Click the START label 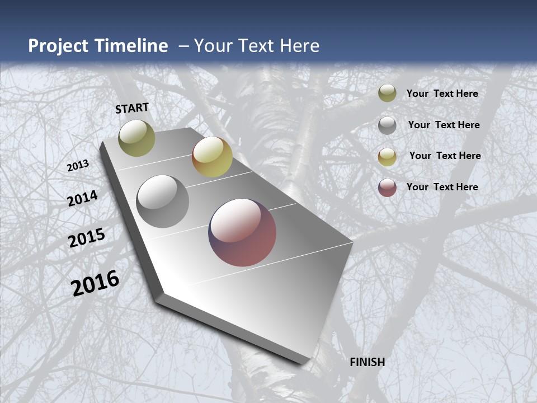(x=132, y=108)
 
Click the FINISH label (x=368, y=362)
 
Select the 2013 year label (x=78, y=166)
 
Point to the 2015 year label (x=87, y=238)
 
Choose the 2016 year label (x=95, y=283)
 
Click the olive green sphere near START (x=136, y=138)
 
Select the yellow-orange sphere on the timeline (x=212, y=157)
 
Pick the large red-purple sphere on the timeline (x=242, y=232)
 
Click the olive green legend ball (x=387, y=93)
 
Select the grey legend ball (x=387, y=125)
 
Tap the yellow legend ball (x=387, y=157)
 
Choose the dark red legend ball (x=387, y=188)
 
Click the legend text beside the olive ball (x=442, y=94)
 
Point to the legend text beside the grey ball (x=444, y=125)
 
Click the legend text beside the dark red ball (x=442, y=187)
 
